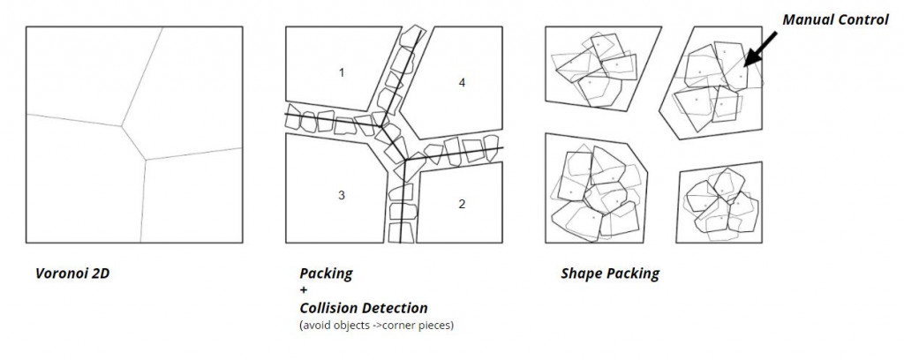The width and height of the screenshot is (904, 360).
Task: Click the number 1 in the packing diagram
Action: tap(342, 73)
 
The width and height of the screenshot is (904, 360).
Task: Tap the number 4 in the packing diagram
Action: tap(462, 83)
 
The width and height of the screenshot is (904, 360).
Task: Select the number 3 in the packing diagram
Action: tap(342, 195)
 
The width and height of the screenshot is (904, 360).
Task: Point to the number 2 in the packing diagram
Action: tap(462, 204)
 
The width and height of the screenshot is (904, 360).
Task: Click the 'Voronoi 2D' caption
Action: tap(72, 274)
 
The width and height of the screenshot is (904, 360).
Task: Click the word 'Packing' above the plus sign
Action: tap(326, 274)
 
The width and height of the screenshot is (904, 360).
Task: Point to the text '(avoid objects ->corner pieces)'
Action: tap(376, 325)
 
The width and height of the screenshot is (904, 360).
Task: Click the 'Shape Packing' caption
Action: tap(610, 274)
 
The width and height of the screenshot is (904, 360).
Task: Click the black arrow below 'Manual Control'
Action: tap(760, 49)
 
